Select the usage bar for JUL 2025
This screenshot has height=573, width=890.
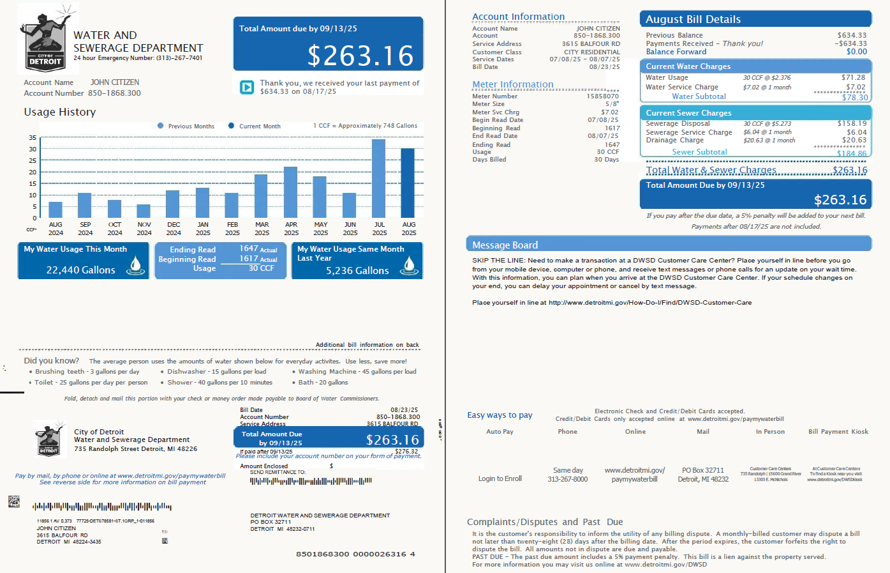[x=379, y=179]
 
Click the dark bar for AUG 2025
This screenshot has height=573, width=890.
[x=408, y=183]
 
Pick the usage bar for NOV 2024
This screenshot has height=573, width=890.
[x=144, y=211]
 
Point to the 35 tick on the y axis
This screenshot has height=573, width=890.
[x=33, y=138]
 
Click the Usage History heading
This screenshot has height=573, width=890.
[x=60, y=112]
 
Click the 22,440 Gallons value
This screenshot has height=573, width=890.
[x=80, y=270]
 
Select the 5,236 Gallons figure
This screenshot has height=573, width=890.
[x=357, y=271]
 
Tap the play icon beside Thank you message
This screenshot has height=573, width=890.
[x=247, y=88]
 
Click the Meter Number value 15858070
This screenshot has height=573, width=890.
[x=602, y=96]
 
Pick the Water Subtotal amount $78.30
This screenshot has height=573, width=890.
[x=854, y=98]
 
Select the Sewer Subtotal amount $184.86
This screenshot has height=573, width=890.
[x=852, y=153]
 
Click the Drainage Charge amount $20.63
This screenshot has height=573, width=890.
[x=854, y=140]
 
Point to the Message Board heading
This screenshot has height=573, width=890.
[x=505, y=245]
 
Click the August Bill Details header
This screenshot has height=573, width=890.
[x=693, y=20]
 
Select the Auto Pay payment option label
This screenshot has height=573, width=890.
[x=500, y=432]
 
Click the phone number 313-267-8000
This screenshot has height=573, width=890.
[x=567, y=479]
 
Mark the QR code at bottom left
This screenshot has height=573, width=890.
[x=14, y=501]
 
